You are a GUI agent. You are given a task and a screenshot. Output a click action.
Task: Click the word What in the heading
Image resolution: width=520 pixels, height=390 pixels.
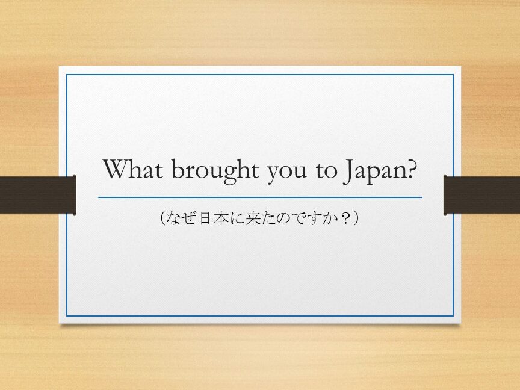click(x=133, y=169)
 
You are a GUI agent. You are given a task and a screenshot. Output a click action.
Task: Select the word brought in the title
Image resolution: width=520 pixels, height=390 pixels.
click(x=215, y=171)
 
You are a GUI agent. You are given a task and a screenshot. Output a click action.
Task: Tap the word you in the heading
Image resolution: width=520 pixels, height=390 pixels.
click(x=287, y=173)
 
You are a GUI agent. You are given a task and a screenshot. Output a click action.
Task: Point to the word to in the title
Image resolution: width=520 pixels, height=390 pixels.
click(x=326, y=170)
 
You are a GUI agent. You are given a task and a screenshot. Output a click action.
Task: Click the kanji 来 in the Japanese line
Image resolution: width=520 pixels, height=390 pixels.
click(x=253, y=218)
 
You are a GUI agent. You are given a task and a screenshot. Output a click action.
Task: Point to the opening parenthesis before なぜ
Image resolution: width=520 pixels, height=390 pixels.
click(x=162, y=218)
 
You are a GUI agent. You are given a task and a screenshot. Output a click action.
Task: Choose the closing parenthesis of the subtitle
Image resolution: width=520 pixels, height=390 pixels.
click(x=356, y=218)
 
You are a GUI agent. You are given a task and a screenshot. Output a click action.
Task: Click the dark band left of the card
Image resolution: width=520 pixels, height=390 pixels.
click(x=38, y=195)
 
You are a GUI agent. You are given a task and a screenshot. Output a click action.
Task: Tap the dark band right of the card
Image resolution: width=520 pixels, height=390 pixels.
click(x=481, y=195)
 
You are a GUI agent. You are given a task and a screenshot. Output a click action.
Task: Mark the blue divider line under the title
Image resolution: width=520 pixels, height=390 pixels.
click(x=261, y=197)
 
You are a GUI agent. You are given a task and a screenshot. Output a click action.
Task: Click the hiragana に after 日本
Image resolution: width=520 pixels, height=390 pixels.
click(x=238, y=218)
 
